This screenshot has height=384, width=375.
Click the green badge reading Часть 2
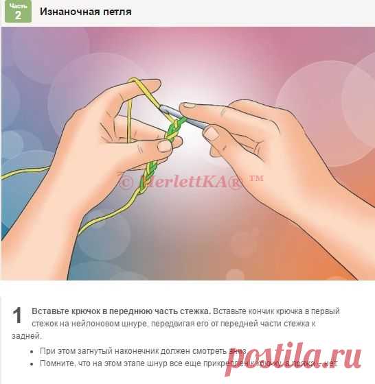pyautogui.click(x=19, y=12)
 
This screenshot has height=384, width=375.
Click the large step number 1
pyautogui.click(x=19, y=315)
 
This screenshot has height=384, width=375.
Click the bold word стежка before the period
pyautogui.click(x=192, y=311)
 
